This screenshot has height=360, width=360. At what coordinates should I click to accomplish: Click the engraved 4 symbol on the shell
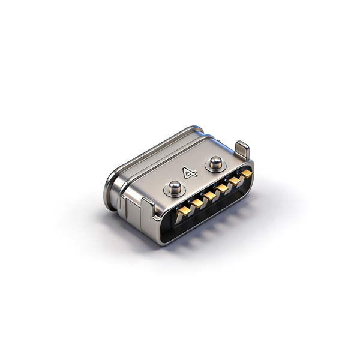click(190, 173)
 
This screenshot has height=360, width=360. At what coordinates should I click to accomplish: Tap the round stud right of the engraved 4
click(216, 163)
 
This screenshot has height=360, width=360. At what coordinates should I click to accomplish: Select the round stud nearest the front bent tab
click(175, 187)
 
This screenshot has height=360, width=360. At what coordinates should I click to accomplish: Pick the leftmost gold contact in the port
click(184, 211)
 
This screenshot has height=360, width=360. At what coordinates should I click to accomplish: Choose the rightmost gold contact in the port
click(247, 174)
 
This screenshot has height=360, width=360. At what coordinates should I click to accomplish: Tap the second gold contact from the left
click(197, 203)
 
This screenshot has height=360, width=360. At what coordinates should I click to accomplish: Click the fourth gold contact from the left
click(222, 188)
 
